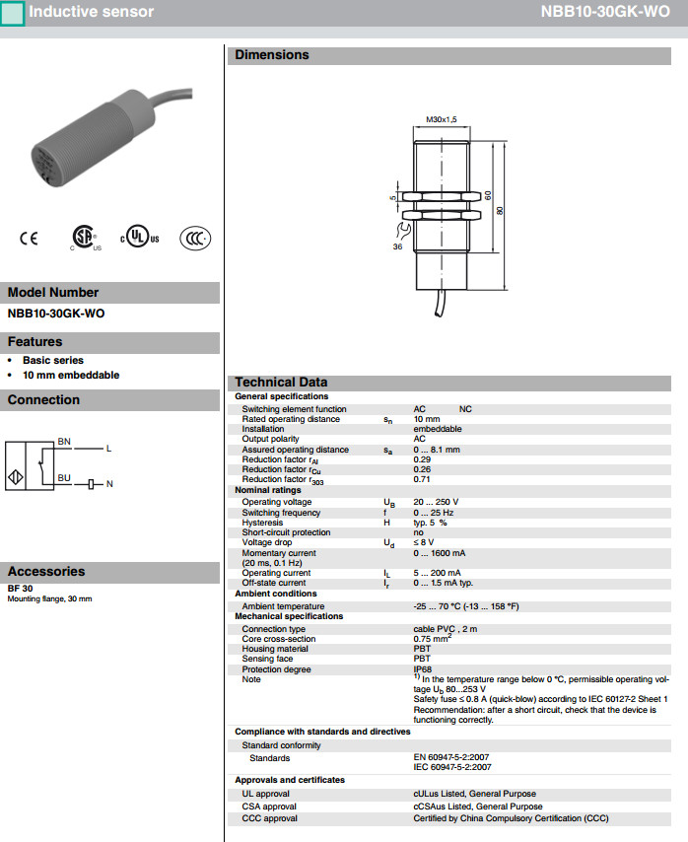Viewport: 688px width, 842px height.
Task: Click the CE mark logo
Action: (28, 238)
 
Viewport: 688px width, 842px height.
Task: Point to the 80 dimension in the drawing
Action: (500, 212)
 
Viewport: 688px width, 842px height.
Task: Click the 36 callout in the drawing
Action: (397, 246)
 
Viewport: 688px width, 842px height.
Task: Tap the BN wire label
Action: (64, 440)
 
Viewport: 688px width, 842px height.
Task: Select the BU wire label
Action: (64, 477)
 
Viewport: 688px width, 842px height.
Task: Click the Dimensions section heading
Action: (272, 55)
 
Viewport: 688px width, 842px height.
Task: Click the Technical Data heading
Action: (281, 383)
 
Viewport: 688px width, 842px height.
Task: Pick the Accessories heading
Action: (46, 572)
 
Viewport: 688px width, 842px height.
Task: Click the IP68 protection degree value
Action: (422, 669)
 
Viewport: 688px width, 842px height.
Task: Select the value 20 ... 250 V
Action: (436, 502)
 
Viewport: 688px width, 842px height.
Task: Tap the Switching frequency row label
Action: (281, 513)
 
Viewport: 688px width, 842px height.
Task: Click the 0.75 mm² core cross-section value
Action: (433, 638)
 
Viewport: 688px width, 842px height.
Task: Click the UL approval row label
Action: (265, 794)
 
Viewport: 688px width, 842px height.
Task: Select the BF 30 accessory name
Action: (20, 589)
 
